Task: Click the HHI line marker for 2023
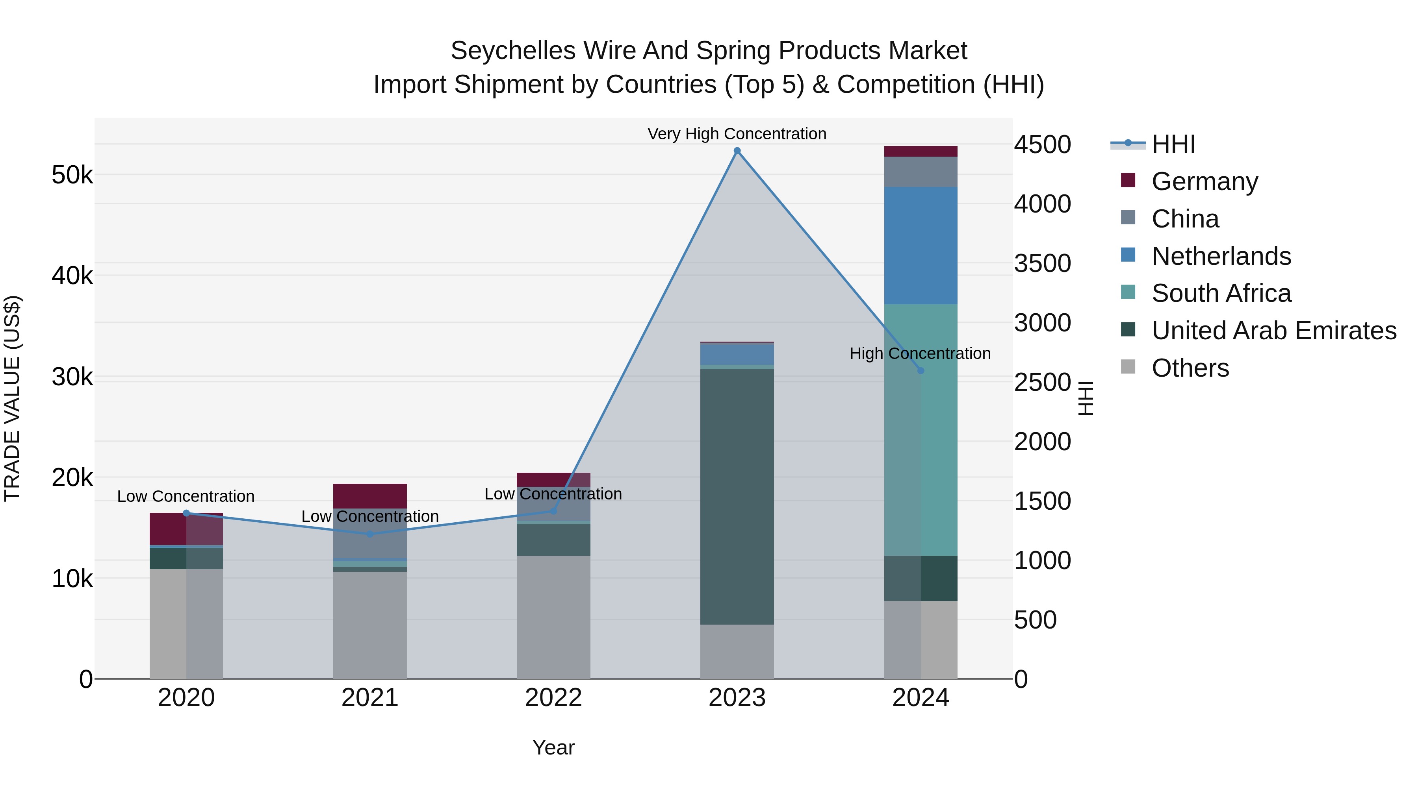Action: [x=737, y=151]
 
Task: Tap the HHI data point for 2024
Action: [x=921, y=371]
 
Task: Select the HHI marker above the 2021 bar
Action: [x=370, y=534]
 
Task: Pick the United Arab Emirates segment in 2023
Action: [x=737, y=496]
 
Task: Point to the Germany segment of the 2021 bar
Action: [x=370, y=496]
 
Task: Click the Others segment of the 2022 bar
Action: [x=553, y=617]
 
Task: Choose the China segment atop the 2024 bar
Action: [x=921, y=172]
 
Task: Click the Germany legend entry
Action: [x=1205, y=181]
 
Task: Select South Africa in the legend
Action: [x=1221, y=293]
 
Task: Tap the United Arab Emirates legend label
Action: [x=1274, y=331]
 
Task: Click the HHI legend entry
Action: [x=1173, y=144]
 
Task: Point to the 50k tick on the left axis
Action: [x=72, y=176]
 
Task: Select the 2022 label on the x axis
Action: [x=553, y=698]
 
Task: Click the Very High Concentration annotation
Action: [x=737, y=134]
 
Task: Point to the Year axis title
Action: [x=553, y=747]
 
